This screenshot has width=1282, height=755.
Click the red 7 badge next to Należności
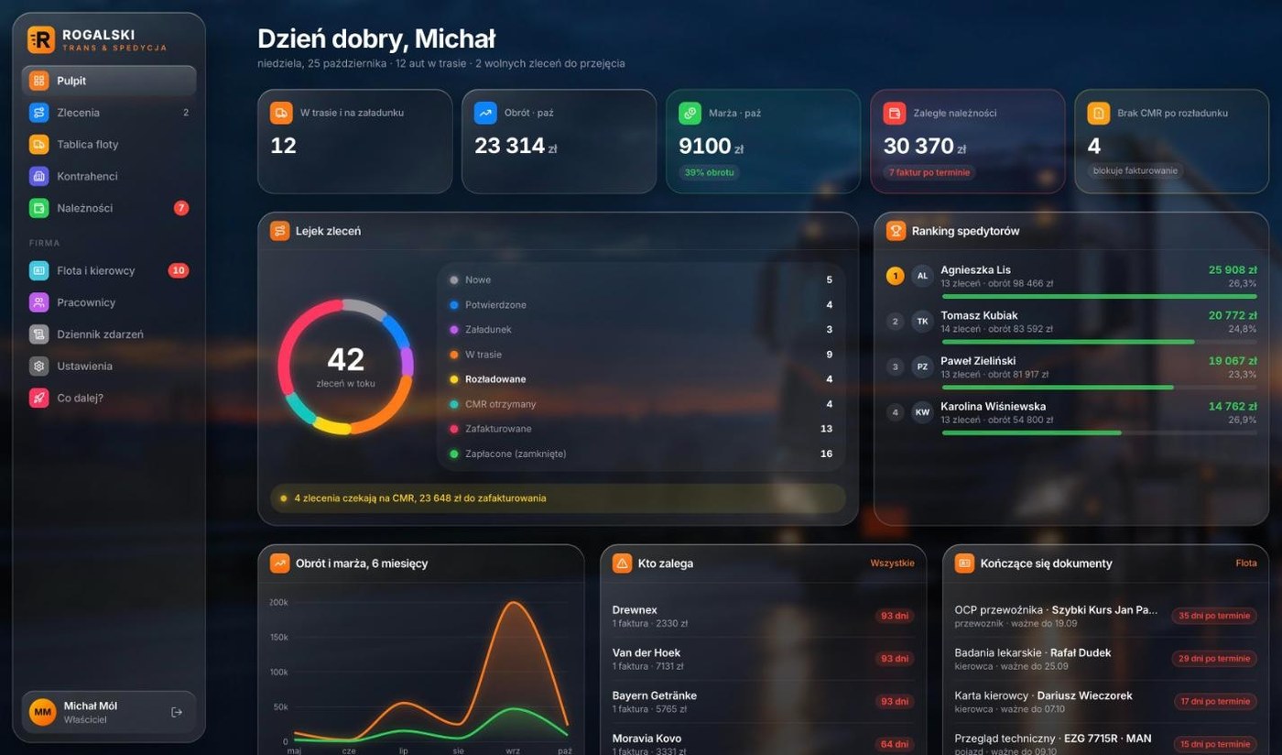[x=181, y=208]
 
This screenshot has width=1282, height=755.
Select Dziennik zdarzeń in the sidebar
[x=100, y=334]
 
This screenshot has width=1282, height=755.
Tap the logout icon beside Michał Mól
[x=176, y=712]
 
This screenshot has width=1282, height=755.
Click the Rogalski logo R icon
[x=41, y=39]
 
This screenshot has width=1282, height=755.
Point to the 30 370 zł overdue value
[x=924, y=146]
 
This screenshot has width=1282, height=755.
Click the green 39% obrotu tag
[x=709, y=172]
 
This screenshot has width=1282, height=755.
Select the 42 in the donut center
[x=346, y=360]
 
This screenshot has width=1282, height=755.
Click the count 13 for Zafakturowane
[x=826, y=429]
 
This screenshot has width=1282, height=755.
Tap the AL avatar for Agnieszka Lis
[x=922, y=276]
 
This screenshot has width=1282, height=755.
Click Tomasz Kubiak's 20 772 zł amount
[x=1233, y=315]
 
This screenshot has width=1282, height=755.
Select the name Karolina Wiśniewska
[x=993, y=406]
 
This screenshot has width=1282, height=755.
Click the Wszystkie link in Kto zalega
[x=892, y=564]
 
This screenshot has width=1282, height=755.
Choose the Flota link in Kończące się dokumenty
[x=1246, y=564]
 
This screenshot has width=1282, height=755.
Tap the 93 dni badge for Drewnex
[x=895, y=616]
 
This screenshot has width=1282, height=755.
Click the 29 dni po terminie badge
[x=1214, y=659]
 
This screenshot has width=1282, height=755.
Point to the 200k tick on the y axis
[x=278, y=602]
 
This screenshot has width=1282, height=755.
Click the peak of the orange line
[x=514, y=602]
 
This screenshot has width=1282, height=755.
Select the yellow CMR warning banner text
[x=420, y=498]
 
